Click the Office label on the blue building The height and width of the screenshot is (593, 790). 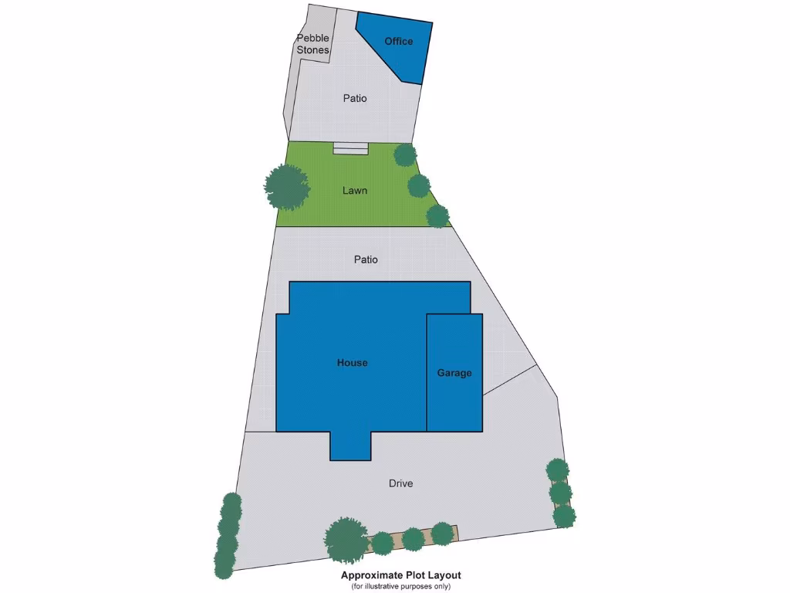(399, 42)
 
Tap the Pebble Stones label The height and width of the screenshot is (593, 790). (313, 44)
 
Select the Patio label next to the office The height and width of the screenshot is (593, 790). (355, 99)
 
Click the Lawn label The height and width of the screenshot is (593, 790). (355, 190)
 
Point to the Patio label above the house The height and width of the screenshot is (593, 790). (366, 259)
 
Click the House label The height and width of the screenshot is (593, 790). (352, 363)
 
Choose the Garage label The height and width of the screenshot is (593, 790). (454, 373)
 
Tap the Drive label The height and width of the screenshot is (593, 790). (400, 483)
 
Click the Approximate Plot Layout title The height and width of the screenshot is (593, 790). (400, 575)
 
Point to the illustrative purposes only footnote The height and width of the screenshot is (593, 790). (400, 586)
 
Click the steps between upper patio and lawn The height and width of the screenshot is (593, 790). (351, 147)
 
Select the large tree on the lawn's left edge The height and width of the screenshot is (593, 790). (286, 187)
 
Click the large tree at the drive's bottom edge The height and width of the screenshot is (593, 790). (346, 540)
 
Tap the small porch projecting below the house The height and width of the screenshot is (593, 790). (350, 446)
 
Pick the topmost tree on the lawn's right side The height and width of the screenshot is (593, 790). (405, 154)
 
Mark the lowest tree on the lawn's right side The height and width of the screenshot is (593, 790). (437, 216)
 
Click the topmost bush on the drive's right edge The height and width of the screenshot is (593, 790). (557, 469)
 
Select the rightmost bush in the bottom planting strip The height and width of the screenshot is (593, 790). (442, 533)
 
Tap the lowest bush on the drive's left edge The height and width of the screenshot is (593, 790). (225, 564)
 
